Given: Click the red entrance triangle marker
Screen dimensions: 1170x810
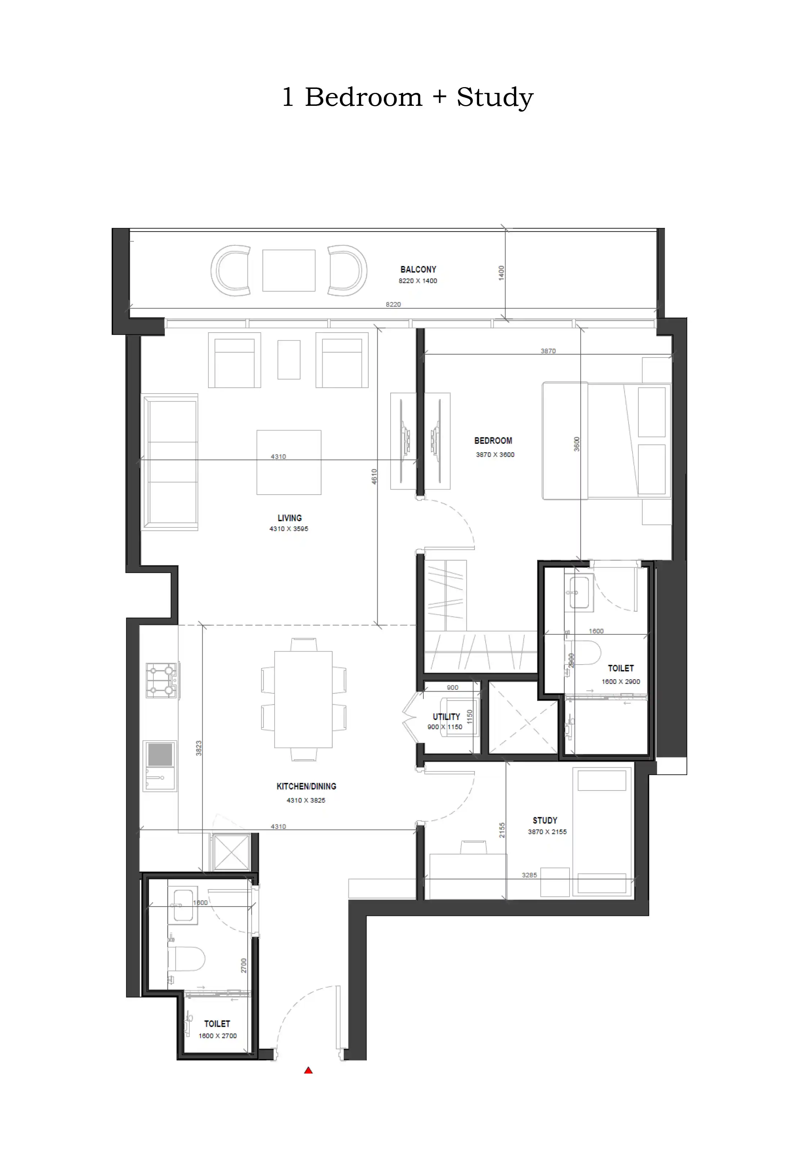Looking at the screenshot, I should click(308, 1071).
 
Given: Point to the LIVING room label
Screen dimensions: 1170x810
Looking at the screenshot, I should click(289, 518).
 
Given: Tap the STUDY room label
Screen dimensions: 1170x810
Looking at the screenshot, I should click(545, 820).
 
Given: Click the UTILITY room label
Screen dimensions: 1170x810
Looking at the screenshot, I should click(446, 716).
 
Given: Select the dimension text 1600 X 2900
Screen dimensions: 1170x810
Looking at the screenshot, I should click(621, 681).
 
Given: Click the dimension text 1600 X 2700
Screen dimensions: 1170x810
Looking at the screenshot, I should click(217, 1036).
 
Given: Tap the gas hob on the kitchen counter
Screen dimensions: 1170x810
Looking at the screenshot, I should click(161, 680).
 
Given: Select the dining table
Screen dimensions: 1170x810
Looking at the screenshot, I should click(303, 699).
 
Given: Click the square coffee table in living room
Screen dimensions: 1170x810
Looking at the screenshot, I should click(289, 462).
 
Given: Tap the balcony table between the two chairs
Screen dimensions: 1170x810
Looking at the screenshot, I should click(289, 270).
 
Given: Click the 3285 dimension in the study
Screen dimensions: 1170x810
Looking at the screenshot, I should click(529, 875).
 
